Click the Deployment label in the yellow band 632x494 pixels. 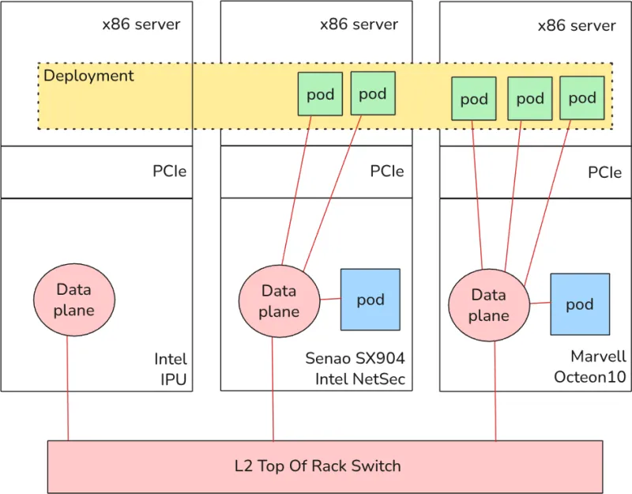pos(88,76)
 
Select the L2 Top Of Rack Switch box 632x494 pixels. pos(318,466)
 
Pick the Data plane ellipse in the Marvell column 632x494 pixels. pos(488,305)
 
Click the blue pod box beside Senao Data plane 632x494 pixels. pos(370,300)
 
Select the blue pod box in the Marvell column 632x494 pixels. pos(580,304)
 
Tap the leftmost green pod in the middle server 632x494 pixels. pos(320,94)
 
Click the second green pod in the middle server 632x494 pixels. pos(372,93)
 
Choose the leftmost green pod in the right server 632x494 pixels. pos(474,99)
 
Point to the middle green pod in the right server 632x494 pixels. pos(529,99)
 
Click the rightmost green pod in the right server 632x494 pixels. pos(582,98)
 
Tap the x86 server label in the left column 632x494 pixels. pos(141,24)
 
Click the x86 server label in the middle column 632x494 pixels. pos(359,24)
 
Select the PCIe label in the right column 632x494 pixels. pos(604,172)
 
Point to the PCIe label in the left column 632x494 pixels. pos(169,171)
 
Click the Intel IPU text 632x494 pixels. pos(171,369)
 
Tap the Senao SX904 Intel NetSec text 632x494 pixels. pos(355,368)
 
